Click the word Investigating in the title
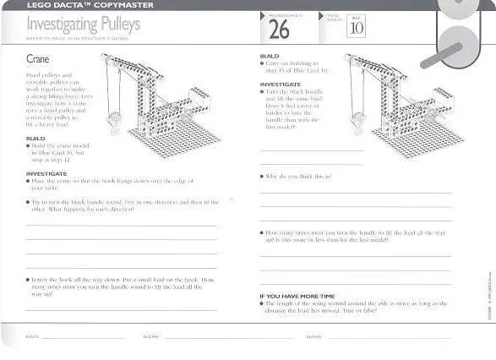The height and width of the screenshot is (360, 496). pyautogui.click(x=52, y=25)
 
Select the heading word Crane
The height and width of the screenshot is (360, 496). pyautogui.click(x=39, y=61)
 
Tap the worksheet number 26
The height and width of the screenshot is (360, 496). pyautogui.click(x=279, y=30)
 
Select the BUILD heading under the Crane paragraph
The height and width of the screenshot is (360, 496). pyautogui.click(x=35, y=138)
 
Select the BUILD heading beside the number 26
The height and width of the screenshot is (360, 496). pyautogui.click(x=269, y=56)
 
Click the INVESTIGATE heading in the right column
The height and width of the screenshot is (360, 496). pyautogui.click(x=281, y=84)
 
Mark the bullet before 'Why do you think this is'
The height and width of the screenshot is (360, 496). pyautogui.click(x=262, y=177)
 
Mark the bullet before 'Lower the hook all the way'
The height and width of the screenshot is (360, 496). pyautogui.click(x=28, y=278)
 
